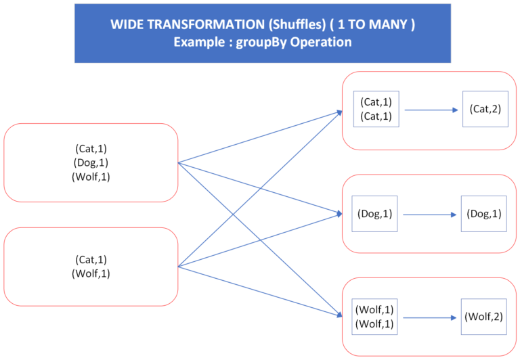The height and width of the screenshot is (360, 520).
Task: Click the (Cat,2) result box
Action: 485,109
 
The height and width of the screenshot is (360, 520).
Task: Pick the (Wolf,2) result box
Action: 484,316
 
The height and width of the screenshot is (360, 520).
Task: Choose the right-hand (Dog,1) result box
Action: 484,214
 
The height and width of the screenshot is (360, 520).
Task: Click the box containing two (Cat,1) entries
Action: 376,110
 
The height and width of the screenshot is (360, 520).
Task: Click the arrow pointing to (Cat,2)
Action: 429,110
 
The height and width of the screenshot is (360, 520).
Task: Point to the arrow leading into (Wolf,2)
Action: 429,317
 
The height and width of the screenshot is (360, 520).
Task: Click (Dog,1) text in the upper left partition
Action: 91,162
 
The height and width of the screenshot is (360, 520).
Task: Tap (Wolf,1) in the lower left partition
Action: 91,274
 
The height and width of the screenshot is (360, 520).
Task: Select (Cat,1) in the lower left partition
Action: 91,260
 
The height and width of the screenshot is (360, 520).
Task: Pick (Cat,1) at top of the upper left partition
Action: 91,149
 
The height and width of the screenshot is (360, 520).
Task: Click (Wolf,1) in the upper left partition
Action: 91,177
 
